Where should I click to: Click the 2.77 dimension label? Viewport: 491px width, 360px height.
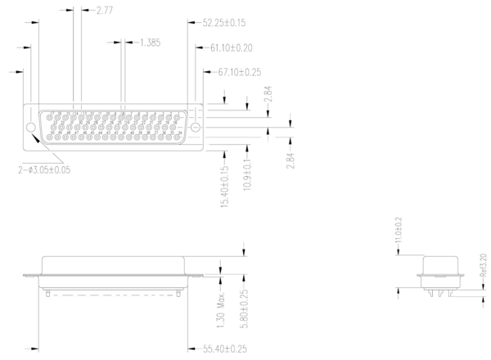104,11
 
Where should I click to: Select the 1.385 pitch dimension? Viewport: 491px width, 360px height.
149,42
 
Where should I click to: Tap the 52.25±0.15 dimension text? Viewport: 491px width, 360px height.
224,24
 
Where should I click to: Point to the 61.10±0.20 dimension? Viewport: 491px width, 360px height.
231,48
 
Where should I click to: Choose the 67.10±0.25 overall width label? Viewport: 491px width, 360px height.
239,72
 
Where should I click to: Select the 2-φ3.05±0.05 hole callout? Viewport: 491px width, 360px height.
44,171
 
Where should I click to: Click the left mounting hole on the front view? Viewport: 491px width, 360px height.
32,127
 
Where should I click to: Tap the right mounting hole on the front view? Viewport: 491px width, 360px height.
194,127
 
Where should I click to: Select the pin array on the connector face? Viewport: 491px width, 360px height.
113,127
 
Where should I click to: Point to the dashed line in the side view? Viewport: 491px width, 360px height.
113,291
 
